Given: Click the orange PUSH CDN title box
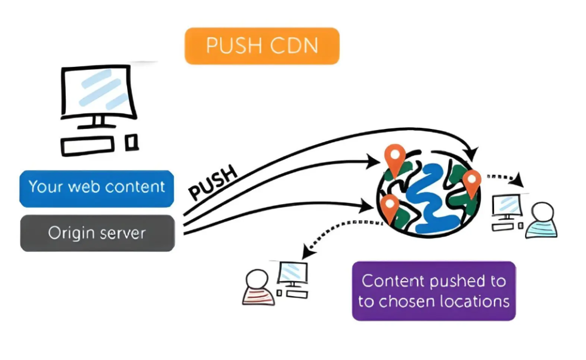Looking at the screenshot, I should tap(262, 46).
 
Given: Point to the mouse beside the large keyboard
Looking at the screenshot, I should tap(132, 142).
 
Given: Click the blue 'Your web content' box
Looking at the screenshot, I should tap(97, 187).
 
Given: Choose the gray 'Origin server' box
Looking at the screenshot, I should tap(97, 232).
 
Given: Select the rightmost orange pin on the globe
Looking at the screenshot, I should tap(471, 181).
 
